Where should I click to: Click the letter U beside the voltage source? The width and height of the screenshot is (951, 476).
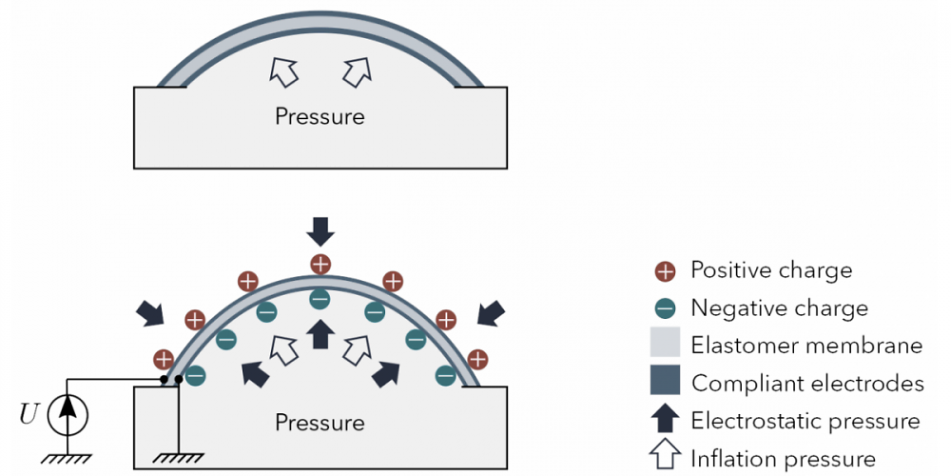point(29,414)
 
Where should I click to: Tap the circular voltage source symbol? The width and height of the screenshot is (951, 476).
point(68,415)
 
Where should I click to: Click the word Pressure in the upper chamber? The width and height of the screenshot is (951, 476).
point(320,116)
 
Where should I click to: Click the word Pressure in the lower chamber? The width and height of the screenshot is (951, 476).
point(320,422)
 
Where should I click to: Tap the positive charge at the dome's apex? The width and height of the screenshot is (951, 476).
point(320,264)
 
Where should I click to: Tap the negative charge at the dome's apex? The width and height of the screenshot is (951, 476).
point(320,299)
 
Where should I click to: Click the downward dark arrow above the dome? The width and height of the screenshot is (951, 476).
point(320,231)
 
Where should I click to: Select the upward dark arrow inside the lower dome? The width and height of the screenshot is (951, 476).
point(320,334)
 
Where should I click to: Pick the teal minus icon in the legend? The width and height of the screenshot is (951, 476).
point(666,309)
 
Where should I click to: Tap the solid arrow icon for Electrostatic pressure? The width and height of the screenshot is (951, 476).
point(666,420)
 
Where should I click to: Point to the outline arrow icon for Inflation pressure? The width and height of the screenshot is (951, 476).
point(666,457)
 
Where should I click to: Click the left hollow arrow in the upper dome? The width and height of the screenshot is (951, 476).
point(283,71)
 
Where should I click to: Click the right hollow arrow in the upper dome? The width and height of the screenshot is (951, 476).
point(356,71)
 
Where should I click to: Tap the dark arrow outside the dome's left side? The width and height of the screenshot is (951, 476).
point(150,312)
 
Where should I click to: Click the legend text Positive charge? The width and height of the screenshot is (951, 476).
point(771,270)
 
